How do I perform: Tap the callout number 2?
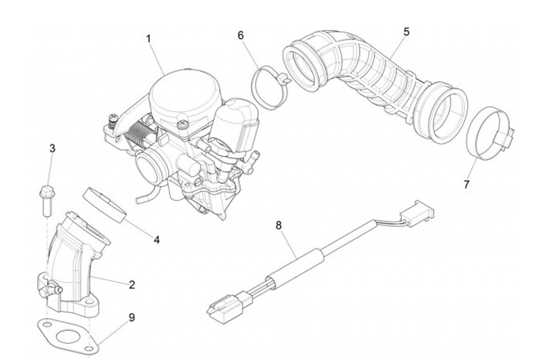[132, 284]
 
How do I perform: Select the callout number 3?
[53, 148]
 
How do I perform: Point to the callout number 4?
[157, 240]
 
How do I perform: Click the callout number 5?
[406, 32]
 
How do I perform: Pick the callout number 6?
[241, 36]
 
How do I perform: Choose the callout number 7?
[466, 185]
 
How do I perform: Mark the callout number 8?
[279, 225]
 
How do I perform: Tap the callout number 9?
[132, 316]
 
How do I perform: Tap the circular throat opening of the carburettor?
[150, 163]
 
